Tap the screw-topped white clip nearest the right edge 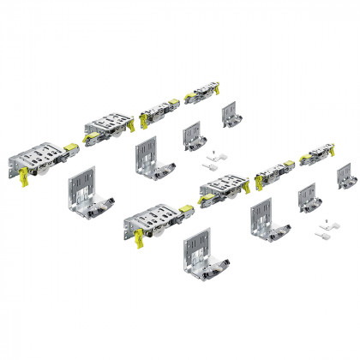(x=325, y=226)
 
